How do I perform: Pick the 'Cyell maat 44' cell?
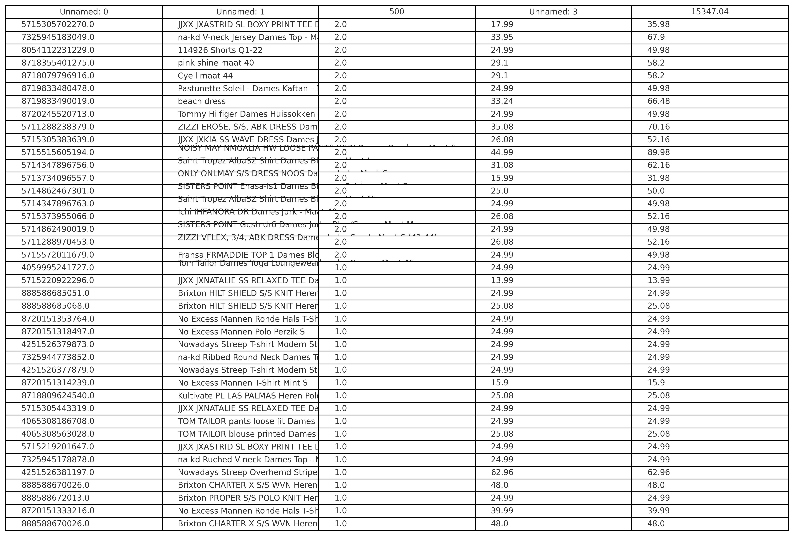205,76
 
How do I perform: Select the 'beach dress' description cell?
202,101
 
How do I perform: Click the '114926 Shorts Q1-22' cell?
220,50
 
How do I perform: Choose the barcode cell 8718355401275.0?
58,63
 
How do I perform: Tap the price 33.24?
502,101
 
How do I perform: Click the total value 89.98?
658,152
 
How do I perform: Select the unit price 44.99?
502,152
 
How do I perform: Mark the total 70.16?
658,127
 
